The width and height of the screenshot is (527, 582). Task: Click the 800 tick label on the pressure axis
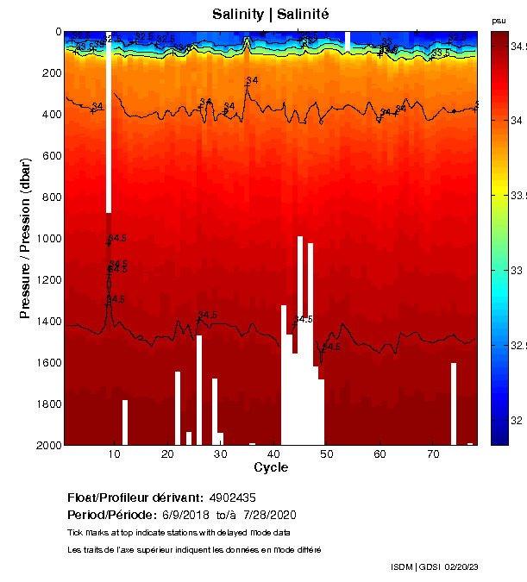[50, 197]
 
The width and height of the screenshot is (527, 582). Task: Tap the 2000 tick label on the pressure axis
[47, 445]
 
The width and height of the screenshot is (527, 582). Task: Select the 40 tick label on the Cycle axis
[273, 454]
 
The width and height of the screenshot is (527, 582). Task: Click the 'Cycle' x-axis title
[271, 467]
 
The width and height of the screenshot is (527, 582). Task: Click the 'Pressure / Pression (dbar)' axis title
[25, 239]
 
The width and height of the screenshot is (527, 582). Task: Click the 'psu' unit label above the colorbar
[499, 21]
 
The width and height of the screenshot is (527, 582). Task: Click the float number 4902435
[232, 498]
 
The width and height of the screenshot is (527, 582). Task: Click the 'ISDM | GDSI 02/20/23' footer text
[434, 566]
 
